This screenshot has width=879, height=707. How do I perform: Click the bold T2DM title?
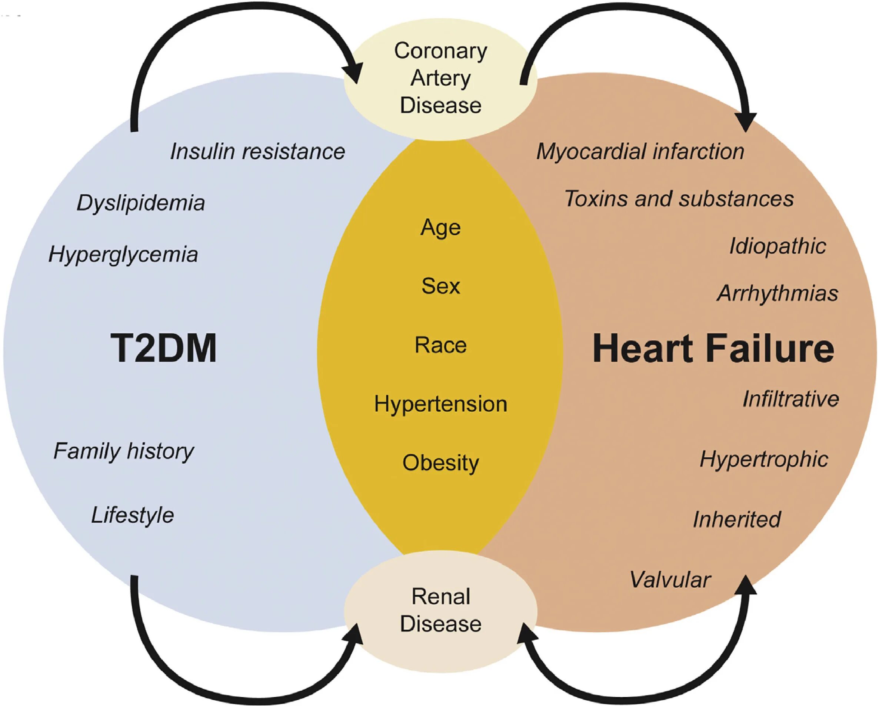coord(163,349)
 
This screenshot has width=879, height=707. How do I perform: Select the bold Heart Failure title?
coord(713,349)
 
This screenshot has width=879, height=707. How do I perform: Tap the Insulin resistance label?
coord(257,152)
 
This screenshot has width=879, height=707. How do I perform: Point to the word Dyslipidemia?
coord(141,203)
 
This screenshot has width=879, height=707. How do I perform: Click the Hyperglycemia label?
coord(123,255)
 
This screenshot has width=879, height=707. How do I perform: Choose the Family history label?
coord(123,451)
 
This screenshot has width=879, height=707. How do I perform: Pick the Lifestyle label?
coord(133,515)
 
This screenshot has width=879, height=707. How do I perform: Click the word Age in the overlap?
coord(440,228)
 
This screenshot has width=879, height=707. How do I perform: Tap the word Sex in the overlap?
coord(440,286)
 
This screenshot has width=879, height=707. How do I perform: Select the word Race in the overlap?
coord(440,345)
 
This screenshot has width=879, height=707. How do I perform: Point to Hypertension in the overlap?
coord(440,404)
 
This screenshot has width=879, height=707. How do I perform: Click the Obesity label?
coord(440,463)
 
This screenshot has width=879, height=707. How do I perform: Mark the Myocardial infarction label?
coord(640,152)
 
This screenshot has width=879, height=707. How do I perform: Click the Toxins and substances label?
coord(679,199)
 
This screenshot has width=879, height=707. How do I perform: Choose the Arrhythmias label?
coord(778,293)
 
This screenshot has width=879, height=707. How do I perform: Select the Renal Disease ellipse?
coord(440,610)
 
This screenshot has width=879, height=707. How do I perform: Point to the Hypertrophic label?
coord(764,459)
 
